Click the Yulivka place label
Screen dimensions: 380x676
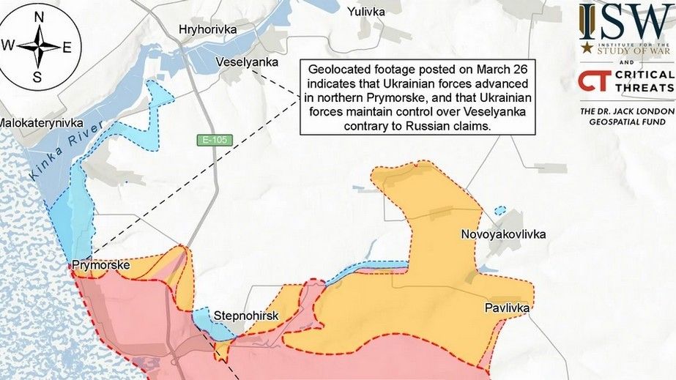click(366, 12)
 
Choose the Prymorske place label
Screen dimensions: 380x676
click(100, 265)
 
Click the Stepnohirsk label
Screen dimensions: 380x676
click(244, 316)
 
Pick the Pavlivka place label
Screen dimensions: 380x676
click(507, 308)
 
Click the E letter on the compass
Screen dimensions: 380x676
click(67, 48)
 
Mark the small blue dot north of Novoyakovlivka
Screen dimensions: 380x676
click(499, 210)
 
